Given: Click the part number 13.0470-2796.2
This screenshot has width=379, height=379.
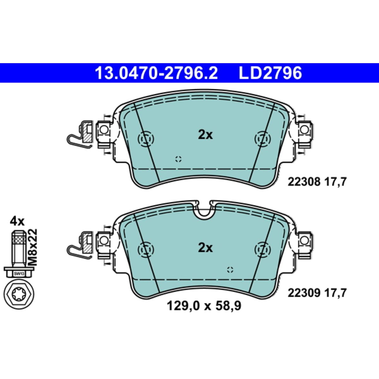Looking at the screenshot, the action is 156,73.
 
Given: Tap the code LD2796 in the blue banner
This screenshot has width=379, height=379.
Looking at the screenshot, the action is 270,73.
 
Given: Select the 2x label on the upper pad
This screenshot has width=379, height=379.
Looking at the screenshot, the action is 205,135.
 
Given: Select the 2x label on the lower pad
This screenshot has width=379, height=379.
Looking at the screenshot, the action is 205,248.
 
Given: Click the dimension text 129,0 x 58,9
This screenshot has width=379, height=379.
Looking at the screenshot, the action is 204,311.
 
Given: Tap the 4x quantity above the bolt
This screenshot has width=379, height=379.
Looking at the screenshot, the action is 17,222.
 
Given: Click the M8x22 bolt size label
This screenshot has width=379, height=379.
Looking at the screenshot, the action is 33,247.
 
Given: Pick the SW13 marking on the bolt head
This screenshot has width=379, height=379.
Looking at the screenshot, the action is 17,274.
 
